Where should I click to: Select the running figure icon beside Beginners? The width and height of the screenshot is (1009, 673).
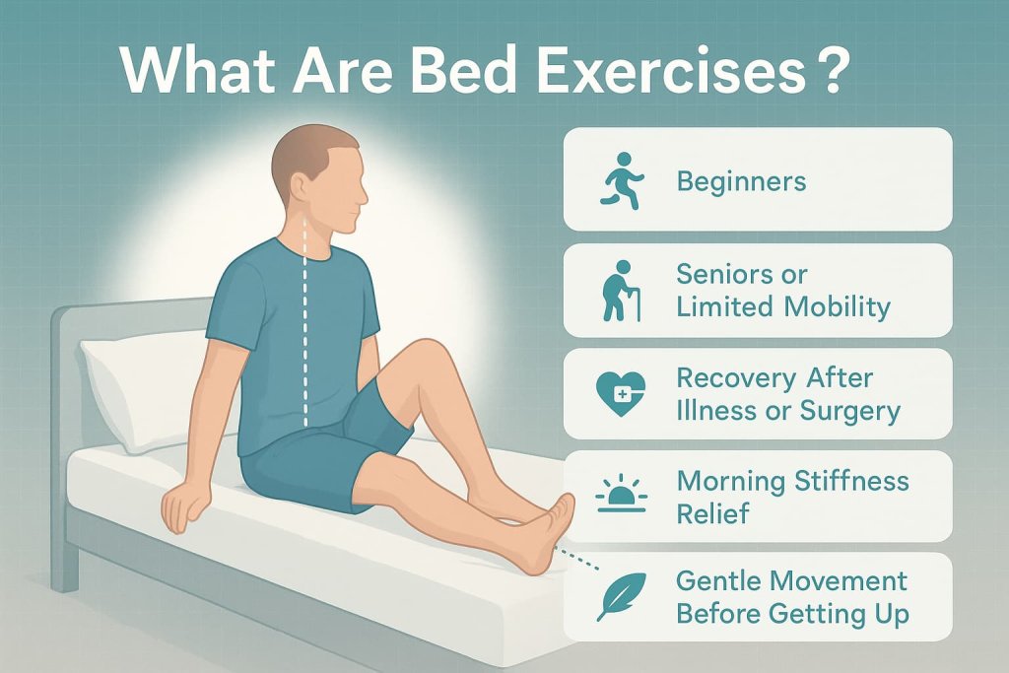pos(622,180)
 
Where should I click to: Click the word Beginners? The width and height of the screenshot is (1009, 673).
pos(741,181)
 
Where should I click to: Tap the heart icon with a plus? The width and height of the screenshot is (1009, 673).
pos(622,393)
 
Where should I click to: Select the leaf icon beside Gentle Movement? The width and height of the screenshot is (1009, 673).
pos(619,597)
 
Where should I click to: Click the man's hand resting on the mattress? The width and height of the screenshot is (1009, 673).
pos(187,507)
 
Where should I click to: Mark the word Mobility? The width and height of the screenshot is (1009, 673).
pos(838,306)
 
